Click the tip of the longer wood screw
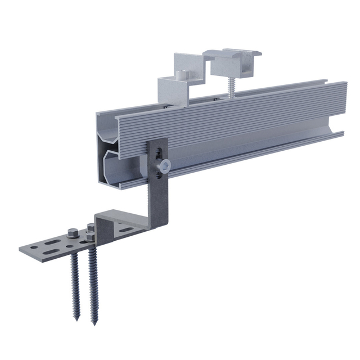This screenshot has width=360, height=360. coord(93,323)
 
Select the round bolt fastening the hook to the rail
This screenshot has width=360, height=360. coord(164,165)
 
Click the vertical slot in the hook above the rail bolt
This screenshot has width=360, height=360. coord(159,151)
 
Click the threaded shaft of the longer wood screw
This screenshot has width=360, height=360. coord(92,287)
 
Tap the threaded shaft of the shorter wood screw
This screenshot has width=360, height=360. coord(75,281)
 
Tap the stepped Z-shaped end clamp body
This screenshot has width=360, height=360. coord(177,87)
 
